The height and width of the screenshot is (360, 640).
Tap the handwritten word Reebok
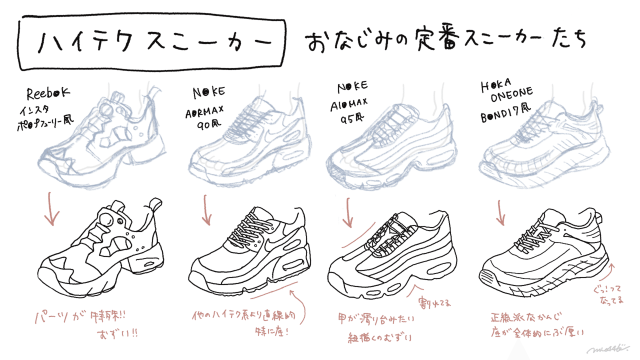click(x=48, y=93)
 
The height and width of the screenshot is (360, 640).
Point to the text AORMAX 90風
click(x=204, y=116)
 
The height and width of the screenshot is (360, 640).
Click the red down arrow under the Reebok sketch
click(x=51, y=210)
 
